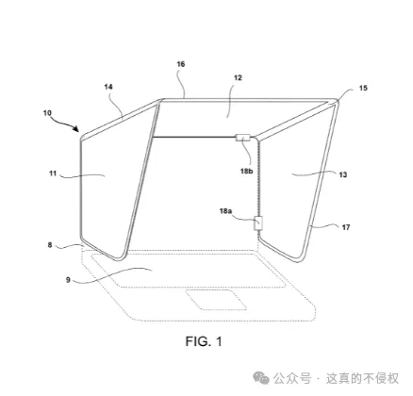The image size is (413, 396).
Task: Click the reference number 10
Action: [x=47, y=113]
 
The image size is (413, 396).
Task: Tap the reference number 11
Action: [x=53, y=173]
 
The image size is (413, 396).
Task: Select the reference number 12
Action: [x=238, y=77]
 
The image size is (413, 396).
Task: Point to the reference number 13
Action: [x=343, y=174]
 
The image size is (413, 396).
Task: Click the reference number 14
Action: [x=108, y=87]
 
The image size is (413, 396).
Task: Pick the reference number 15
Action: [x=363, y=88]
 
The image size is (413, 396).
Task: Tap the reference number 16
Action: [x=181, y=64]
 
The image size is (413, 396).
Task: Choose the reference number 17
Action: [x=346, y=227]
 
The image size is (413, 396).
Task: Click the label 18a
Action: [x=225, y=211]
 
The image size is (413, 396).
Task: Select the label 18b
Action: [x=247, y=171]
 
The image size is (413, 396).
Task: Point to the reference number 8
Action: [x=50, y=244]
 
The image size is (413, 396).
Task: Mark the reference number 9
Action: [x=68, y=279]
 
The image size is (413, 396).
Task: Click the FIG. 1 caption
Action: [x=204, y=341]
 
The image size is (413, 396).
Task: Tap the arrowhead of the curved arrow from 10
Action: [x=75, y=128]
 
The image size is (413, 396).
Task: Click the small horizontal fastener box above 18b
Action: [x=242, y=138]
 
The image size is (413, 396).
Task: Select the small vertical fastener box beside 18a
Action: [x=258, y=223]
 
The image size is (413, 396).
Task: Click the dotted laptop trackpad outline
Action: [x=217, y=300]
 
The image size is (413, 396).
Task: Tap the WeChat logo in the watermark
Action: [x=261, y=378]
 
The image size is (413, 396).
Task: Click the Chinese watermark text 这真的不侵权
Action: [x=362, y=378]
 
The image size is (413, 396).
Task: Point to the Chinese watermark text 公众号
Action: [x=292, y=378]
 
